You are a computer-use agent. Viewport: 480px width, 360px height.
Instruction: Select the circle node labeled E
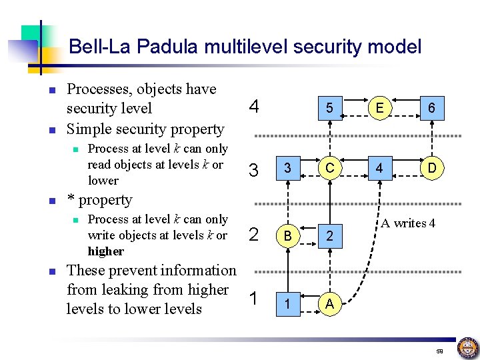[379, 107]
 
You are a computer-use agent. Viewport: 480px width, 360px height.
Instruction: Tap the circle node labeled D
[432, 169]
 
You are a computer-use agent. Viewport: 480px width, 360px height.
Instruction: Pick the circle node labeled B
[287, 235]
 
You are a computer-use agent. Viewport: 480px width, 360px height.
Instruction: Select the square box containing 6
[432, 107]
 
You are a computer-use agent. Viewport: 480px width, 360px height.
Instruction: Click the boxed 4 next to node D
[379, 169]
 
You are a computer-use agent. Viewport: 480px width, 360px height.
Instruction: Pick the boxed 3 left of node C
[287, 169]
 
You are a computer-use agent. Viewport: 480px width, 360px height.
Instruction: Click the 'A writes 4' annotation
[408, 223]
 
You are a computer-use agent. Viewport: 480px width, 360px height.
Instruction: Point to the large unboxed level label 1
[253, 299]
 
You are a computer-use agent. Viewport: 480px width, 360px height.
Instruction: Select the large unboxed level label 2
[253, 234]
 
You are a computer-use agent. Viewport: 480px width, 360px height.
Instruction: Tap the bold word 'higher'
[106, 251]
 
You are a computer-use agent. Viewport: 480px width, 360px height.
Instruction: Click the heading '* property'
[100, 200]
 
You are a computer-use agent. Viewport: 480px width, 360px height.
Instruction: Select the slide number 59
[439, 351]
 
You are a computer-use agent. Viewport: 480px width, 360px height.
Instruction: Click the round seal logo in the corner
[467, 348]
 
